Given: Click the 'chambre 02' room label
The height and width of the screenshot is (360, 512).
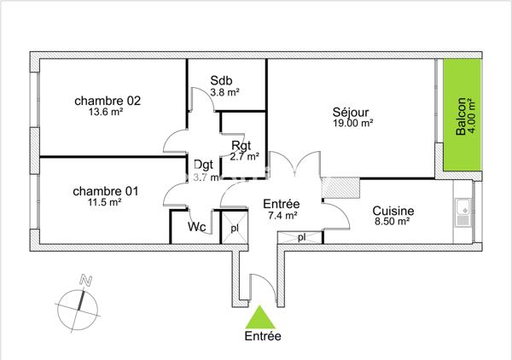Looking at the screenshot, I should (107, 100).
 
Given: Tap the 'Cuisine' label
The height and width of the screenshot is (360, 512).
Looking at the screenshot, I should (393, 212).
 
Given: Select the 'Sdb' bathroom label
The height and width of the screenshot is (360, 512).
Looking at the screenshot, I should (223, 83).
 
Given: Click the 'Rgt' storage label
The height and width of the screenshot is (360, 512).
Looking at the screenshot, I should (241, 145).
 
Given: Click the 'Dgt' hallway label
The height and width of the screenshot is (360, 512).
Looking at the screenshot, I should (203, 165).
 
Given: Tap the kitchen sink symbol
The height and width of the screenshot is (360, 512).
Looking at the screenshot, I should (463, 208).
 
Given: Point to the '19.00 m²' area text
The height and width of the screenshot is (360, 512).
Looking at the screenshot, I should (352, 123).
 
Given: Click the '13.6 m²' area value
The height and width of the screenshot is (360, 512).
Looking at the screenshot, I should (106, 112).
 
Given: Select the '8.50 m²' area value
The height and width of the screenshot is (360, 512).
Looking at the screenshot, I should (393, 224).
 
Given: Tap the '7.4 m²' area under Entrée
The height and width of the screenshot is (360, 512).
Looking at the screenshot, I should (281, 216).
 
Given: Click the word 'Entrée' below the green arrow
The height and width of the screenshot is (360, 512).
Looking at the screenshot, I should (262, 336).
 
